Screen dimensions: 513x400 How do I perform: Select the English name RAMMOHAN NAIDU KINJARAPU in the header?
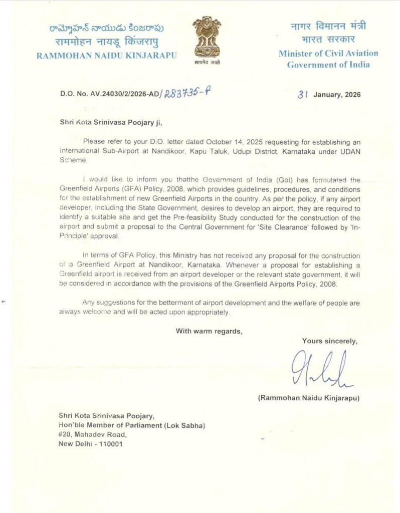pyautogui.click(x=107, y=55)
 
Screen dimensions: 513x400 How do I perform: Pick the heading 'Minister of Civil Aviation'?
pyautogui.click(x=328, y=54)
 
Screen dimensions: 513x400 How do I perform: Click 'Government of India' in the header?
pyautogui.click(x=328, y=65)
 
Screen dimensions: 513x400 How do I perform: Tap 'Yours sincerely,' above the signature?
pyautogui.click(x=329, y=341)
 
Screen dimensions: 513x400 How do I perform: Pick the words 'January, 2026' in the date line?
pyautogui.click(x=336, y=94)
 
